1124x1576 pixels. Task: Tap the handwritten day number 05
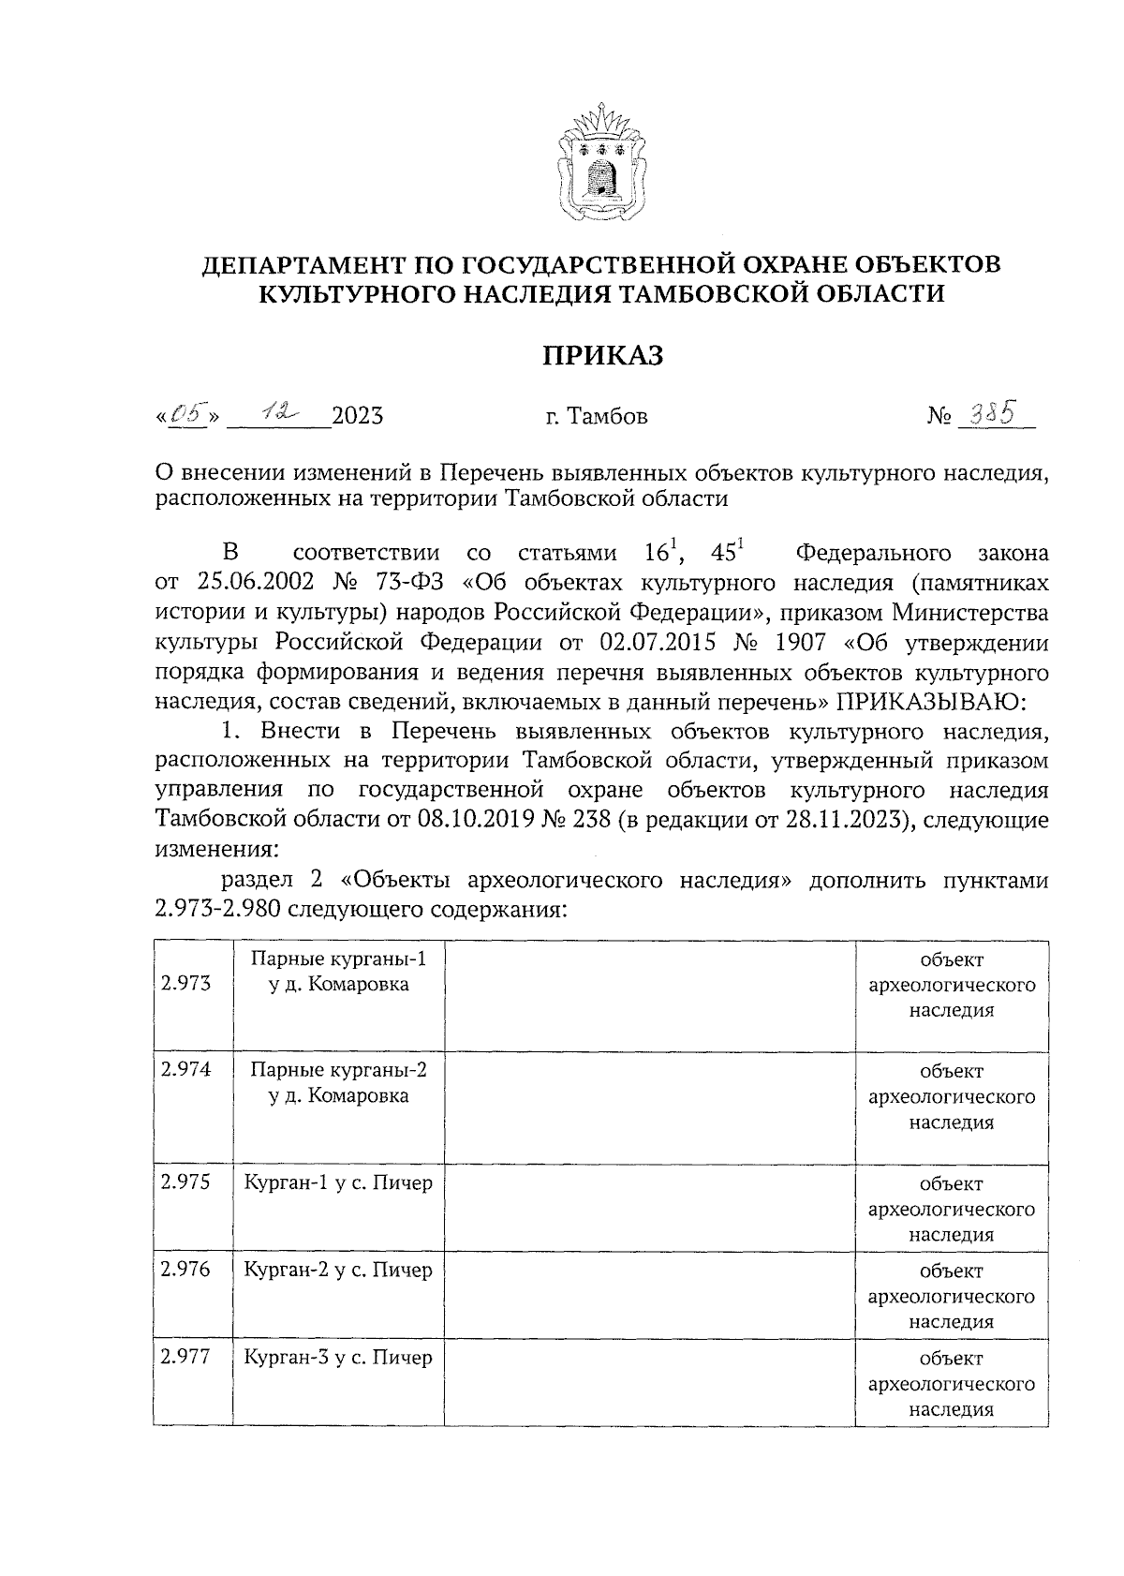click(187, 412)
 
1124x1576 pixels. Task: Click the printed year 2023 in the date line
click(358, 416)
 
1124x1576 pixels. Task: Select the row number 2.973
click(185, 983)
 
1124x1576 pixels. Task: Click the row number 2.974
click(185, 1069)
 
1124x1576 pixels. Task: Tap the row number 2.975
click(185, 1182)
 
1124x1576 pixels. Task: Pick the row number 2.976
click(185, 1270)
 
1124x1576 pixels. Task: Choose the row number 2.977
click(185, 1357)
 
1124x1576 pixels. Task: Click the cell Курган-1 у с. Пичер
click(338, 1182)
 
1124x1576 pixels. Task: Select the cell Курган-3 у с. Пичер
click(338, 1357)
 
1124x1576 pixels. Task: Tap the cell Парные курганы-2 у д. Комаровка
click(338, 1082)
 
